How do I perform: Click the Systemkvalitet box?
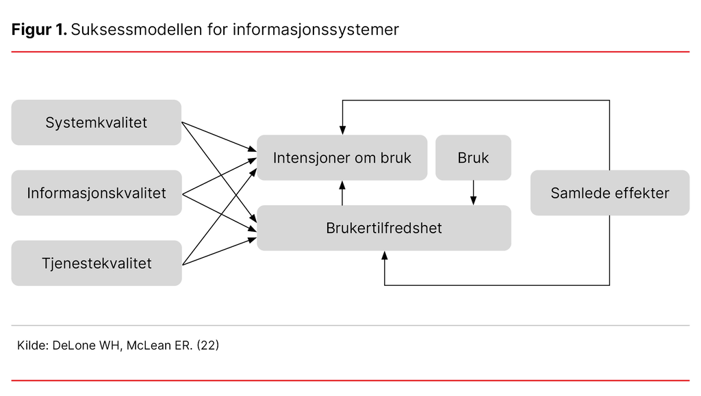click(96, 123)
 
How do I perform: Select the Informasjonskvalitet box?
click(96, 193)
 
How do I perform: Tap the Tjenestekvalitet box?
click(96, 263)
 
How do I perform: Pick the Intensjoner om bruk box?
click(342, 158)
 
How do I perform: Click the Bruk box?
click(473, 158)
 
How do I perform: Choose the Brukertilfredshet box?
click(383, 228)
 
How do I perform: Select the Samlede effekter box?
click(609, 193)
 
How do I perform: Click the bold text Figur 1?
click(39, 30)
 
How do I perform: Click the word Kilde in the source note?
click(31, 346)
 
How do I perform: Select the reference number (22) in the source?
click(207, 346)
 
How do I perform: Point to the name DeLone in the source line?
click(71, 346)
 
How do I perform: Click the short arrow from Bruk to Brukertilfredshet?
click(473, 193)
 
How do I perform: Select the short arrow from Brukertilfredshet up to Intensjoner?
click(342, 193)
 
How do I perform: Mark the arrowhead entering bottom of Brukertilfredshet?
click(385, 256)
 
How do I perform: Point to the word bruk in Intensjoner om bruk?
click(396, 158)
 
